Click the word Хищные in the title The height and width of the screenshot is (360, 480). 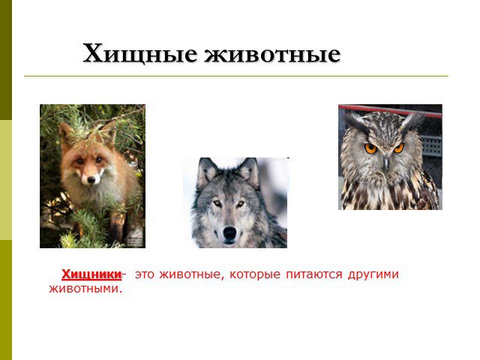pos(139,54)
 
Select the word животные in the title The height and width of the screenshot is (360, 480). pos(272,54)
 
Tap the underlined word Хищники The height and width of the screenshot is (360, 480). pos(91,274)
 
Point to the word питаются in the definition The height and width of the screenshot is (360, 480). pos(313,274)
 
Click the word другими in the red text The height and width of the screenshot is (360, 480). pos(373,274)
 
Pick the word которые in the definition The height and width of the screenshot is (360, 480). pos(255,274)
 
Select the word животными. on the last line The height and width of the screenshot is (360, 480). pos(85,289)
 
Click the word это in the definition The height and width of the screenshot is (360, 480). pos(144,274)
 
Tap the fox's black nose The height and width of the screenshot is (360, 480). pos(91,180)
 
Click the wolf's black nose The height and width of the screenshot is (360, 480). pos(229,234)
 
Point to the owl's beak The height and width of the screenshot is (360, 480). pos(385,163)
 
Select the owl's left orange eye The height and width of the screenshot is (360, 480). pos(370,148)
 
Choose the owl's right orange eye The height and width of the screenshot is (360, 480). pos(398,148)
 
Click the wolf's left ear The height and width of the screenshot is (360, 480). pos(205,172)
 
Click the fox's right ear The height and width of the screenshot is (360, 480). pos(109,131)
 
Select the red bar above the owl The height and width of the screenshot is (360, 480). pos(390,110)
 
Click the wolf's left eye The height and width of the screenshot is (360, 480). pos(217,203)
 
